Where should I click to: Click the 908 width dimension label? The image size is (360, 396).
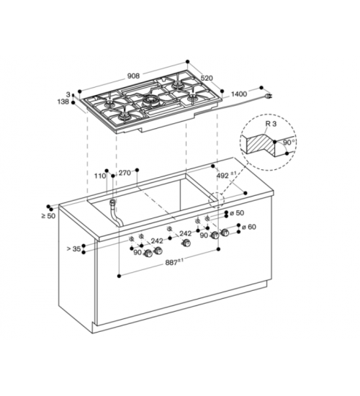pos(133,76)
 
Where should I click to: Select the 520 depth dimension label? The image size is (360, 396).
pos(207,78)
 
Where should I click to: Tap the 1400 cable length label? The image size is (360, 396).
pos(239,94)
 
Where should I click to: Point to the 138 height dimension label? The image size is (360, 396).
pos(63,102)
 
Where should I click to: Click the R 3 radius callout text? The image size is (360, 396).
pos(271,124)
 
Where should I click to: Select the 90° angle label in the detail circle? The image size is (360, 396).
pos(289,143)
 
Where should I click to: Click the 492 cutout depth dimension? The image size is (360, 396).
pos(226,175)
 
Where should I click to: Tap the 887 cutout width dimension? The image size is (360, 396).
pos(174,262)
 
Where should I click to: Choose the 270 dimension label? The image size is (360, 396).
pos(125,173)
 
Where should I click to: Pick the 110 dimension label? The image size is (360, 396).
pos(100,176)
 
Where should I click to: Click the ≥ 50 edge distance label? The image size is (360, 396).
pos(48,216)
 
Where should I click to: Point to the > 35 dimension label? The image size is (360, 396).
pos(73,249)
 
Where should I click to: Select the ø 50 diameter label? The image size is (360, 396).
pos(237,213)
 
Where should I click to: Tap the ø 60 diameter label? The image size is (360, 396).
pos(249,227)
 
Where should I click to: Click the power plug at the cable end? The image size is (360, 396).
pos(269,96)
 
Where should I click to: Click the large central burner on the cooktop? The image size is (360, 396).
pos(150,101)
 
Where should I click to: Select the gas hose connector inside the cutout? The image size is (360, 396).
pos(112,202)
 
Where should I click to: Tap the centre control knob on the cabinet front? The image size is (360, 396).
pos(186,243)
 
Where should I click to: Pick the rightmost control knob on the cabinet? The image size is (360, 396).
pos(225,233)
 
